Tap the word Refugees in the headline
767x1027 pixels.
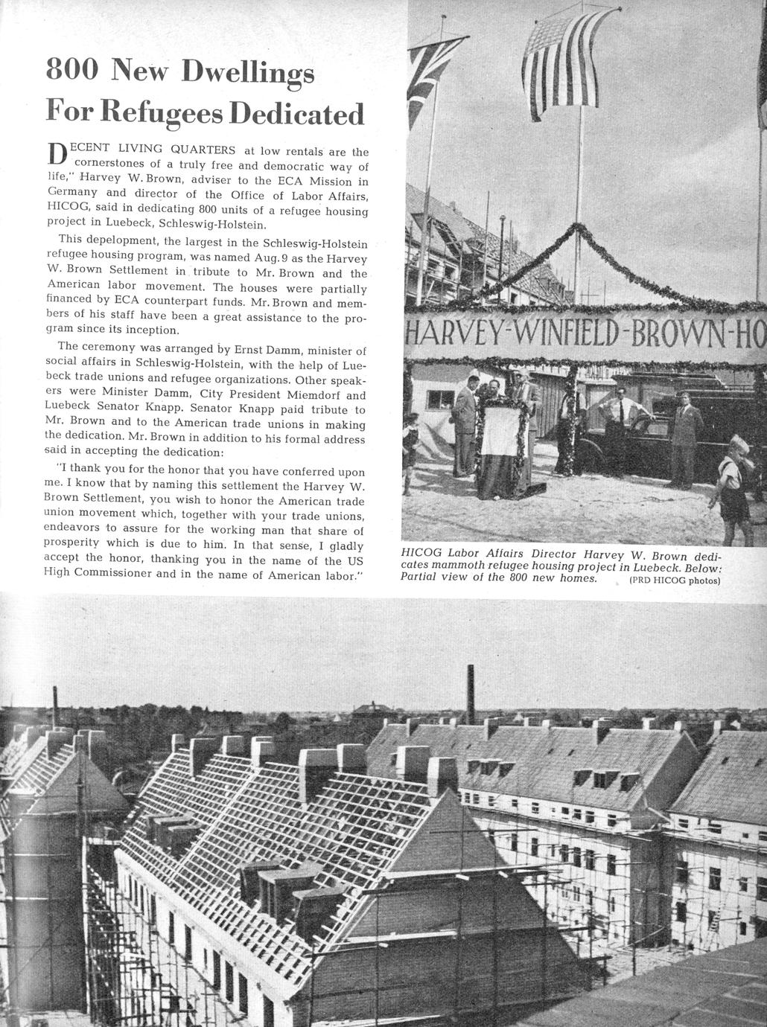click(161, 113)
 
